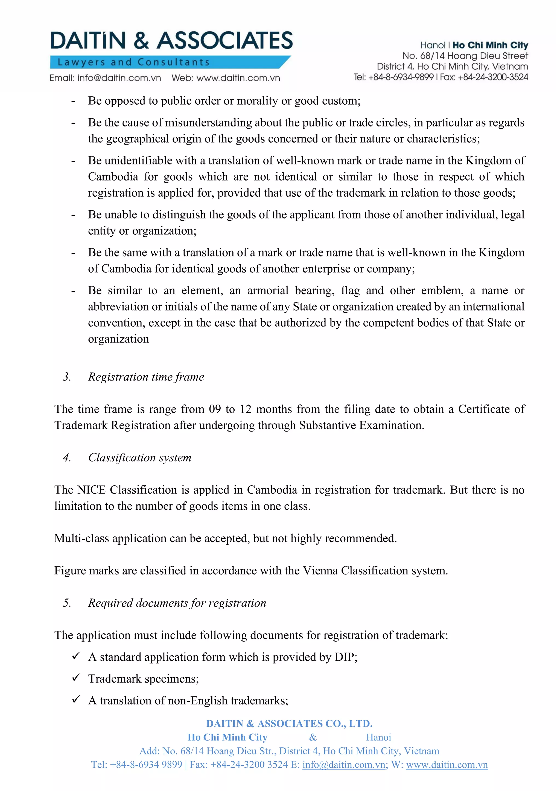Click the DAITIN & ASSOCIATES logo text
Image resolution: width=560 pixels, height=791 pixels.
[171, 40]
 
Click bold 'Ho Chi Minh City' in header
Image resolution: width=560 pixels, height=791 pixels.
[490, 45]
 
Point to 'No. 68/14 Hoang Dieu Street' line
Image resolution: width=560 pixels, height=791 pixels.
[465, 56]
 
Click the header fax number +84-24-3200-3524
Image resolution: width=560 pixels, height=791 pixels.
[493, 77]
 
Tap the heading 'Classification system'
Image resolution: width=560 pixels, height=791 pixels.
[140, 458]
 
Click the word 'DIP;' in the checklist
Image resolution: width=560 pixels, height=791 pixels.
[346, 657]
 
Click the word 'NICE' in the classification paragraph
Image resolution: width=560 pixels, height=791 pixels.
[91, 490]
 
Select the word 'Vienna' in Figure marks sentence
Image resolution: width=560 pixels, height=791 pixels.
[320, 571]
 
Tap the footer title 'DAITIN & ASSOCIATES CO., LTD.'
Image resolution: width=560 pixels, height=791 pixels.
[289, 724]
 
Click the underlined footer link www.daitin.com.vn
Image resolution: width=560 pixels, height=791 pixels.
[447, 765]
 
